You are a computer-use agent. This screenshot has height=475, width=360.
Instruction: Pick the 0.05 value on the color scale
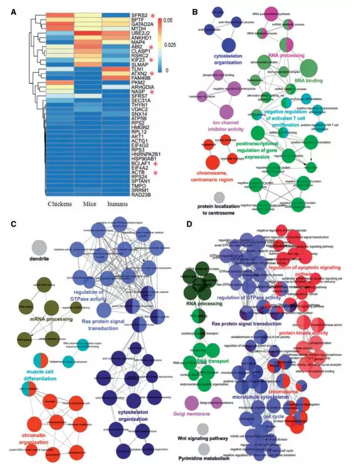tap(170, 20)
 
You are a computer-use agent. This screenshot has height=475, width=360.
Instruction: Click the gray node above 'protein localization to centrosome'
tap(219, 196)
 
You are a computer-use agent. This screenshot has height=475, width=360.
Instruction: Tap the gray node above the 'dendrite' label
tap(39, 247)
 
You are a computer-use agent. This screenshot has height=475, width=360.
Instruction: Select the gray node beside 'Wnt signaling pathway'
tap(203, 429)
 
